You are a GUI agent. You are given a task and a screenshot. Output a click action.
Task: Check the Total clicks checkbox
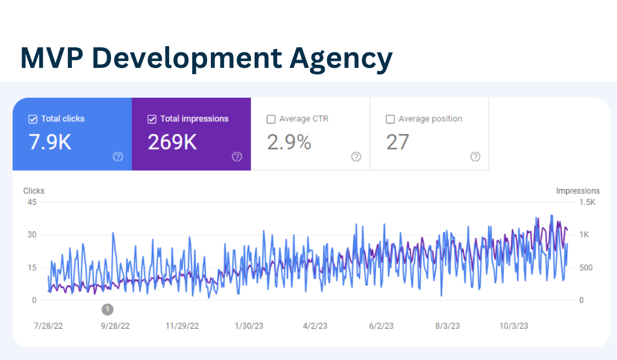(x=32, y=119)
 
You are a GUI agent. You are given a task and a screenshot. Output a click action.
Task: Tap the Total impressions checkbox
(x=152, y=119)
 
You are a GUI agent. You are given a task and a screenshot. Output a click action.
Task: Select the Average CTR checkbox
(x=271, y=119)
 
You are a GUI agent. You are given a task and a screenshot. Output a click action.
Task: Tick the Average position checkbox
(x=390, y=119)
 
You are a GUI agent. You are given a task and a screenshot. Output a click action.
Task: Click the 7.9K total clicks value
(x=50, y=142)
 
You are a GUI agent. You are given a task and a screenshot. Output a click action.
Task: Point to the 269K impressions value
(x=172, y=142)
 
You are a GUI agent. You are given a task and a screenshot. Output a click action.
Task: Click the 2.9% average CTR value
(x=289, y=142)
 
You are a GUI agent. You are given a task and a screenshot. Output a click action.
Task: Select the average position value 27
(x=397, y=142)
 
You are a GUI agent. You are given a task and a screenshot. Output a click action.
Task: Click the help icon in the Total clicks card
(x=118, y=157)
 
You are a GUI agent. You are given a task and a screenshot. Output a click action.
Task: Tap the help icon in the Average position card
(x=476, y=157)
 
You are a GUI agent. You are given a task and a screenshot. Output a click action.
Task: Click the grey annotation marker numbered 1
(x=107, y=309)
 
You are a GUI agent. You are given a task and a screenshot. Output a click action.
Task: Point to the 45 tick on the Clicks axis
(x=32, y=202)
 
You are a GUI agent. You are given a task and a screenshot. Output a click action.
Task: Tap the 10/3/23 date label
(x=514, y=326)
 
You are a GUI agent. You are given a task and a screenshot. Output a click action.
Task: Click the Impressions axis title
(x=577, y=191)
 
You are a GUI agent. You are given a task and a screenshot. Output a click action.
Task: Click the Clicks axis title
(x=34, y=191)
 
